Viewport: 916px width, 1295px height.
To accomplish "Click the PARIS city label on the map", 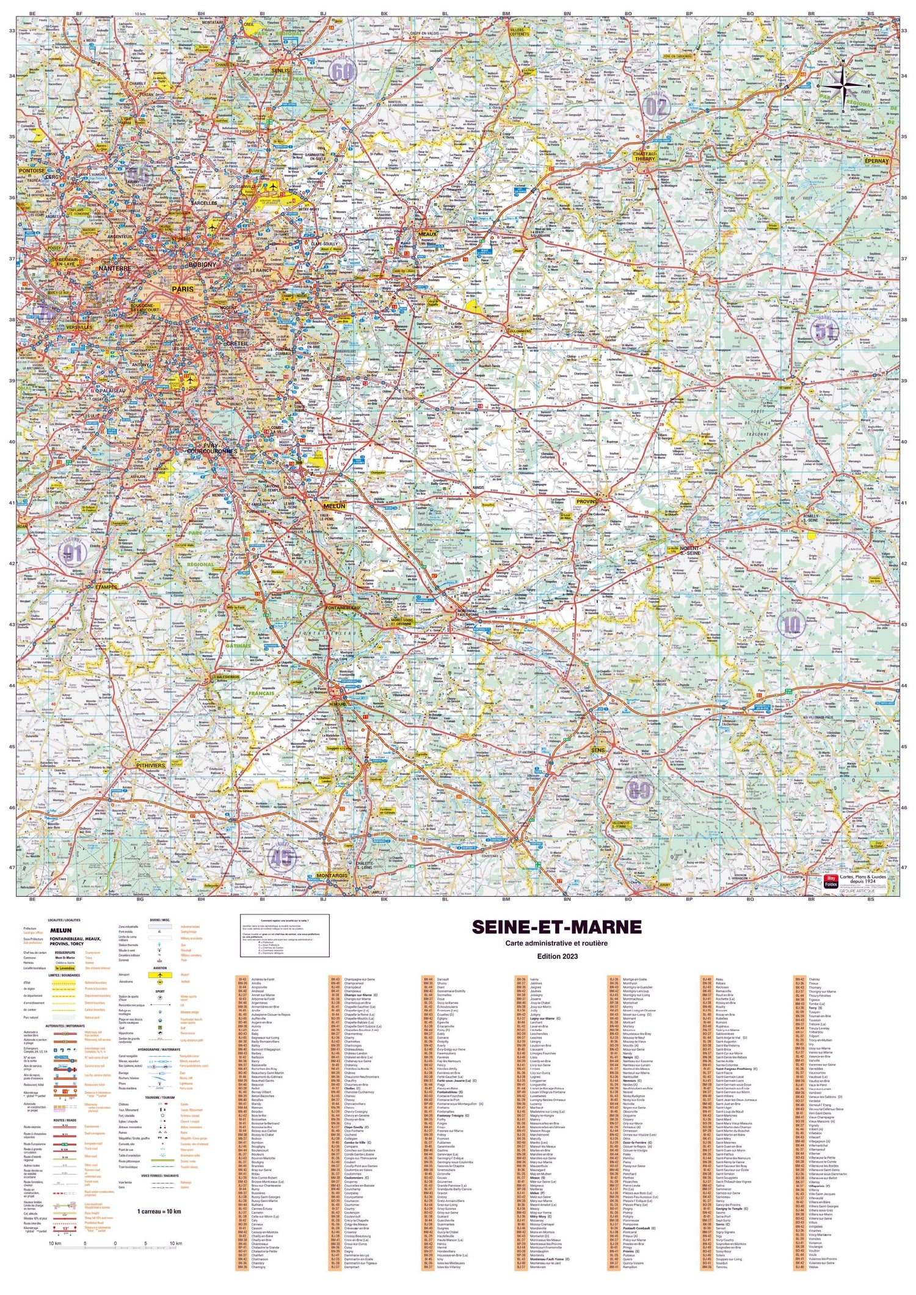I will [183, 288].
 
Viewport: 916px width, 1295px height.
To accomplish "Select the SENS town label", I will [599, 750].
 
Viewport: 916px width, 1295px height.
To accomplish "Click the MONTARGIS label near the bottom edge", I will [332, 875].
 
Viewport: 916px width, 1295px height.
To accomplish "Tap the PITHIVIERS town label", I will [150, 765].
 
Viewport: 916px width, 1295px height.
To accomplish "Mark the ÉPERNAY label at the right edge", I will [879, 161].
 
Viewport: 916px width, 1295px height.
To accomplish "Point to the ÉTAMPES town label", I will [106, 586].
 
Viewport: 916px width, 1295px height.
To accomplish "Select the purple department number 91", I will [73, 553].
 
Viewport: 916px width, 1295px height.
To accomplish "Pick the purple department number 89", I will [639, 791].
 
